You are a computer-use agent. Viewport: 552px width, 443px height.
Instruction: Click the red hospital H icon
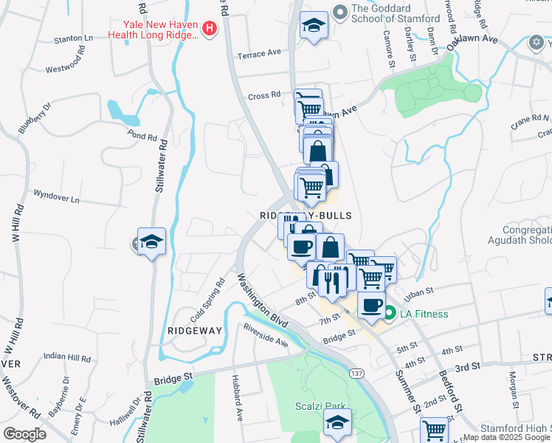pos(210,29)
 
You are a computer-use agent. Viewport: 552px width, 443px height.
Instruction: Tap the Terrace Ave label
pos(259,53)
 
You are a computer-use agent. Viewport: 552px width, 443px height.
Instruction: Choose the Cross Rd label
pos(265,95)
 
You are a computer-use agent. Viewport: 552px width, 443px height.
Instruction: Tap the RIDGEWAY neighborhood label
pos(195,331)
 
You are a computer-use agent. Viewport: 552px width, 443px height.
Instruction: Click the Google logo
pos(24,433)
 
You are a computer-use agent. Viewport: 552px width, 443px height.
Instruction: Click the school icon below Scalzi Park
pos(337,423)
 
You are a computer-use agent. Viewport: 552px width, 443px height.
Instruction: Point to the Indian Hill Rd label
pos(66,356)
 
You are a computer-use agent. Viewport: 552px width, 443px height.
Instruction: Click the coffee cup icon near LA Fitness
pos(371,305)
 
